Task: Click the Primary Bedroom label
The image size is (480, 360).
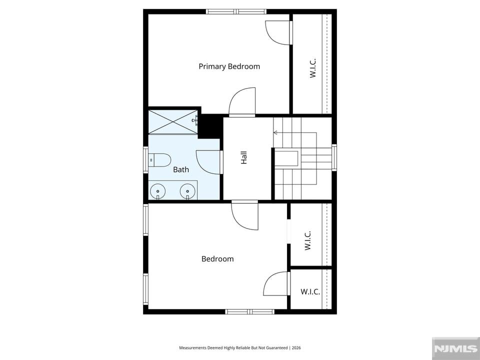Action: click(229, 66)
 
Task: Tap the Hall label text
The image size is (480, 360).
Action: click(243, 157)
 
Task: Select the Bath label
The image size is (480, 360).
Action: click(181, 169)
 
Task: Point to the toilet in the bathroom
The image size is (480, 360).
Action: click(159, 160)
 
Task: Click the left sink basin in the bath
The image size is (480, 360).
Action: click(157, 191)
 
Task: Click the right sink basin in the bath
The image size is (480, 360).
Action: click(187, 191)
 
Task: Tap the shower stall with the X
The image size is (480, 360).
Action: click(173, 122)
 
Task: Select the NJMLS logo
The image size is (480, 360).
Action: click(455, 348)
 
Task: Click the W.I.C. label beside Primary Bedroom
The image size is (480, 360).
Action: click(312, 68)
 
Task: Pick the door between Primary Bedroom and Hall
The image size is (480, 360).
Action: click(242, 102)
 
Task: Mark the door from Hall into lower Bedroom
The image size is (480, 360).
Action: click(245, 215)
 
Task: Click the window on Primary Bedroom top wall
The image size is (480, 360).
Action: click(236, 11)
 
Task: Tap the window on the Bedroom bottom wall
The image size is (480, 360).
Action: click(250, 311)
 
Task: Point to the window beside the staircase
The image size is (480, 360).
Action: click(334, 157)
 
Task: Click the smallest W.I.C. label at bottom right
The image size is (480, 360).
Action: click(310, 291)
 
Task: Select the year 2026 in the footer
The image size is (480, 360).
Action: click(296, 348)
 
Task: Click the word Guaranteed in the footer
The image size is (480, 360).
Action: click(277, 348)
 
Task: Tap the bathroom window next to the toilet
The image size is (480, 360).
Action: click(145, 160)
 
